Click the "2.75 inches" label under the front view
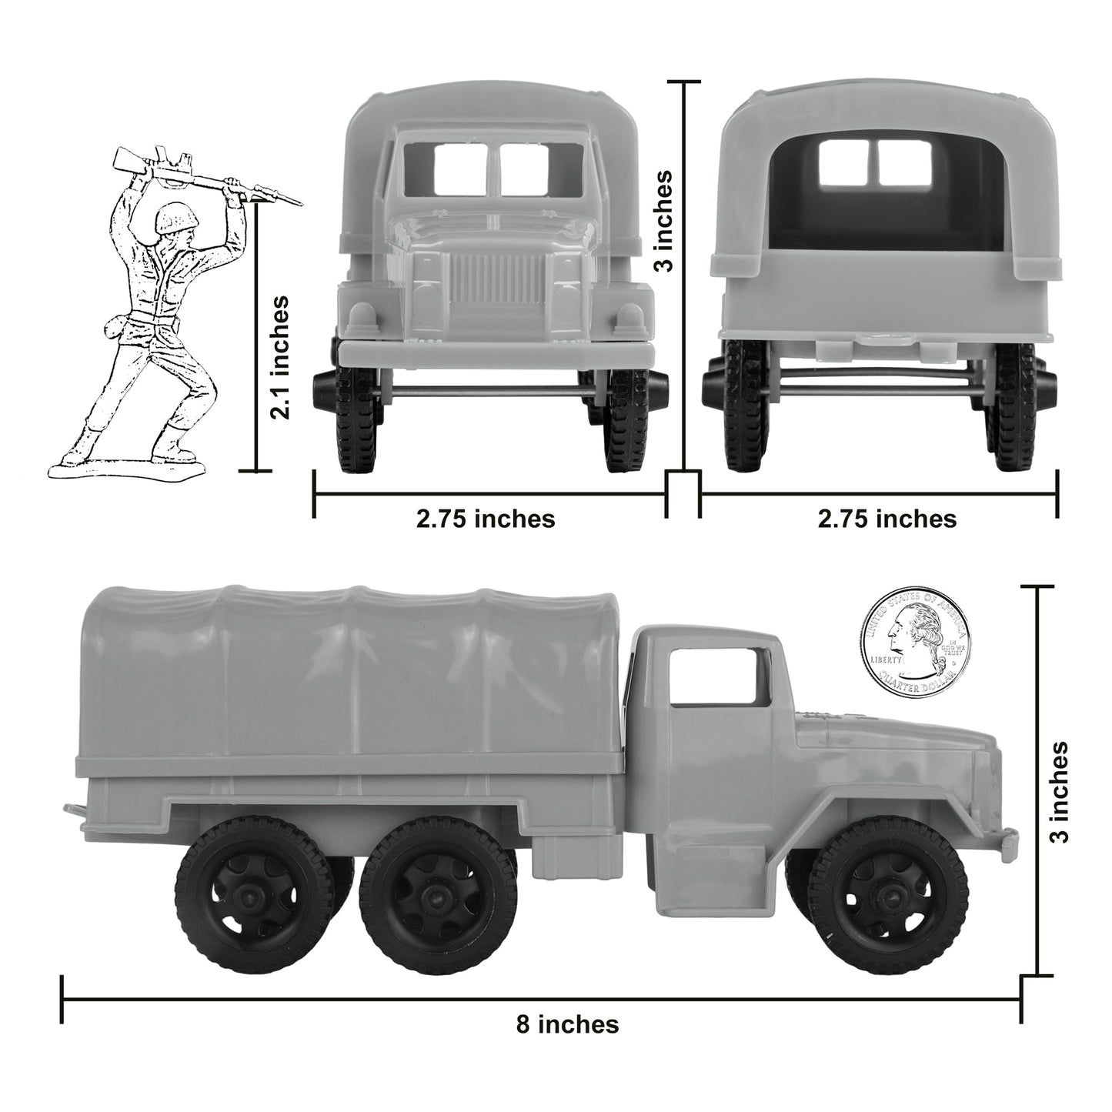486,519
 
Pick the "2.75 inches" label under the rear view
887,519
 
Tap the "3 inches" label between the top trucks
662,220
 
